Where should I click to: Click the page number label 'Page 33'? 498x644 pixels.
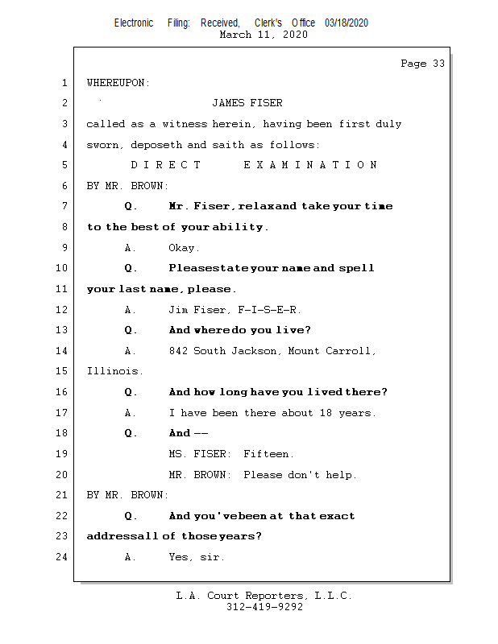point(422,64)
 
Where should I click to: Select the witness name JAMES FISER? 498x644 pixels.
point(247,103)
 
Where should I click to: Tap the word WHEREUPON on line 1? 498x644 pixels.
point(118,83)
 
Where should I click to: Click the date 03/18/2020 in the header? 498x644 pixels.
point(347,23)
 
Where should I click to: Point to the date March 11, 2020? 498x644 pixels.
point(263,35)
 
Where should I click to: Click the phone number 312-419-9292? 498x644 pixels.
point(264,607)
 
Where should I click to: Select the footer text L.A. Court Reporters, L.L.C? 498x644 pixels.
point(264,596)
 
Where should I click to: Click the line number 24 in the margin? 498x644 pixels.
point(63,556)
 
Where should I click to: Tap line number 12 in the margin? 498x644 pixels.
point(63,309)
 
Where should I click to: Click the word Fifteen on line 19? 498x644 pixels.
point(268,454)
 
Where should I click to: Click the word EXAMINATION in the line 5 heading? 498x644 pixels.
point(309,165)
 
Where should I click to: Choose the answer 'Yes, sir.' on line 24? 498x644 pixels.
point(197,556)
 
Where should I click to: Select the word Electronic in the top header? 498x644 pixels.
point(134,23)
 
